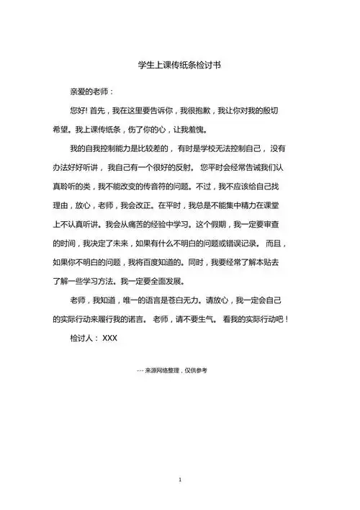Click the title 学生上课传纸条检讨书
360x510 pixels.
click(x=179, y=65)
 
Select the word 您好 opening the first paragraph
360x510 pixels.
click(x=78, y=112)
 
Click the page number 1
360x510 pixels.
click(x=179, y=478)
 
